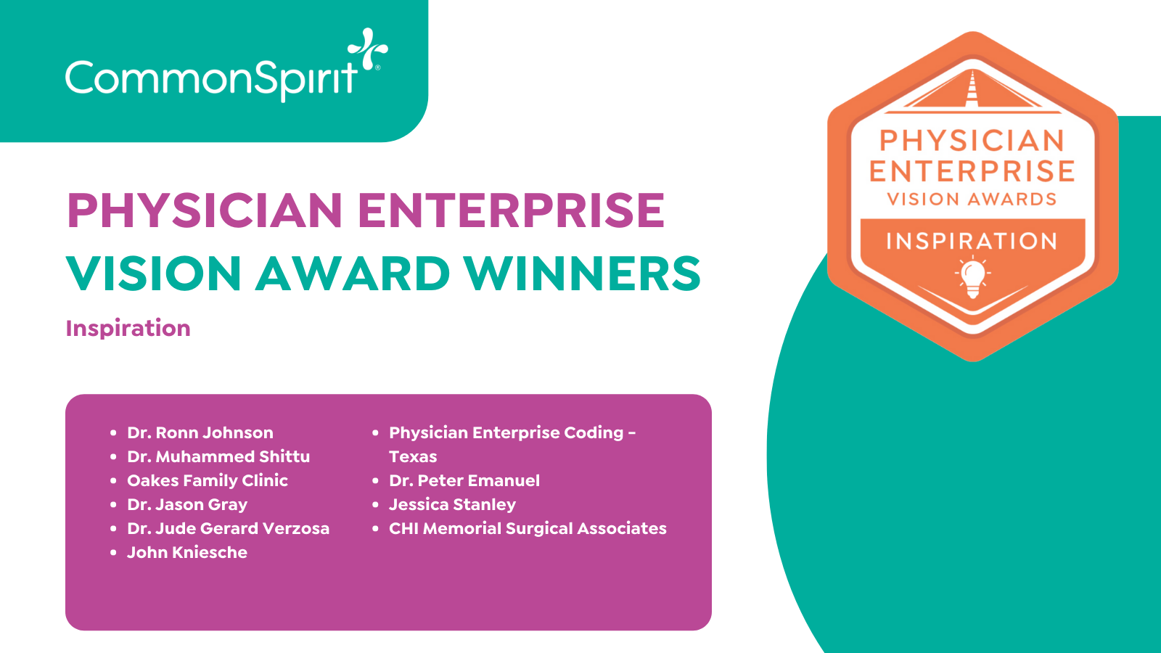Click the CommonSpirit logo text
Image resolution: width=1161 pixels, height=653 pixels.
(x=212, y=79)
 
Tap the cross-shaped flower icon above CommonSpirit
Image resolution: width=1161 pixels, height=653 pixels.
(x=367, y=48)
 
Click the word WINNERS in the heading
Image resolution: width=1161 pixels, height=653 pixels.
(x=582, y=273)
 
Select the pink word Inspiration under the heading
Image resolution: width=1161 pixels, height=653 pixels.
(x=128, y=329)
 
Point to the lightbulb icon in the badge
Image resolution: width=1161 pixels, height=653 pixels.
(x=973, y=277)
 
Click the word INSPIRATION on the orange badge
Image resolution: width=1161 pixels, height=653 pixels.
(x=972, y=242)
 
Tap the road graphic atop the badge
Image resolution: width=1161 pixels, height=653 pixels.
(x=972, y=91)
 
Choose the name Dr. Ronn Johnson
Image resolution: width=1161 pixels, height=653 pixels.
(x=200, y=432)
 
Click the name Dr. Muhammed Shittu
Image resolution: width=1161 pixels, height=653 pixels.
(x=218, y=456)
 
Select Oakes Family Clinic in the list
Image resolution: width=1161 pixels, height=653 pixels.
(x=208, y=481)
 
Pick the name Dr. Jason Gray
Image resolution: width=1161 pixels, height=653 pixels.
(x=187, y=505)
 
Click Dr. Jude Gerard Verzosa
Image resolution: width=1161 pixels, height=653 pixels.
(x=228, y=529)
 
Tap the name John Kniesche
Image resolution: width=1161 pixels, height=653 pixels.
(x=187, y=552)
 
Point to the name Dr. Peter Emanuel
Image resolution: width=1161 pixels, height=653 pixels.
(x=464, y=481)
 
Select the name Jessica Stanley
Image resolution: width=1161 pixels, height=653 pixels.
(x=453, y=505)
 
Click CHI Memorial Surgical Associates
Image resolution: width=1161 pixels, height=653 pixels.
(x=528, y=529)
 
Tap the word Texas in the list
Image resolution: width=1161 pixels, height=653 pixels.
(x=413, y=456)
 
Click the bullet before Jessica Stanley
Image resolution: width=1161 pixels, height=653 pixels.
(x=376, y=505)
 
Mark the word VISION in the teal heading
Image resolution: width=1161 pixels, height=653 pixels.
(x=154, y=273)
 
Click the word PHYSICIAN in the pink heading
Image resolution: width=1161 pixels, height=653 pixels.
(x=205, y=210)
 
